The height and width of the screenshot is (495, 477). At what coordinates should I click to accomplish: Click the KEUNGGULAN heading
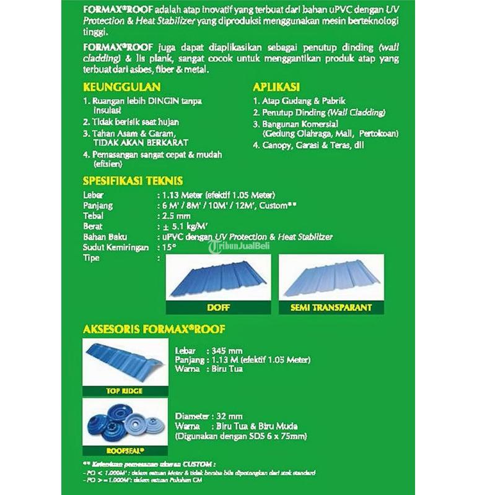[x=122, y=87]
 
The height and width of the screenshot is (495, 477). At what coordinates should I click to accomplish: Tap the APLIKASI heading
[x=276, y=87]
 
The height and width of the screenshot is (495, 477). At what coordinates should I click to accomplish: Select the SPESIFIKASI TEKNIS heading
[x=133, y=181]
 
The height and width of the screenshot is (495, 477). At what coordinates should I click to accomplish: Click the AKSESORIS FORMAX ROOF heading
[x=154, y=329]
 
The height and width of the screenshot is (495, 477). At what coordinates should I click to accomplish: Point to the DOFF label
[x=217, y=306]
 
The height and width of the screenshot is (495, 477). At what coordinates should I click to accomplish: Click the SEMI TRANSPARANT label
[x=331, y=307]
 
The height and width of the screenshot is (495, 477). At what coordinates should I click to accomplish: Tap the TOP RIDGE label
[x=125, y=390]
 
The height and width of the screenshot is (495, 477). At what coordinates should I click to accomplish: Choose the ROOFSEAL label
[x=125, y=451]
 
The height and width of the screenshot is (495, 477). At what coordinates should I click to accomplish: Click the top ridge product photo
[x=125, y=362]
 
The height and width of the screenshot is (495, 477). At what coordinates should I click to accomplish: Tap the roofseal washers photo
[x=125, y=423]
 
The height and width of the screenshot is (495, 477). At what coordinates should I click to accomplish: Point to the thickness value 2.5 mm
[x=177, y=216]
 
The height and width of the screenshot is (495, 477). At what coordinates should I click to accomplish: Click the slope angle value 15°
[x=169, y=247]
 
